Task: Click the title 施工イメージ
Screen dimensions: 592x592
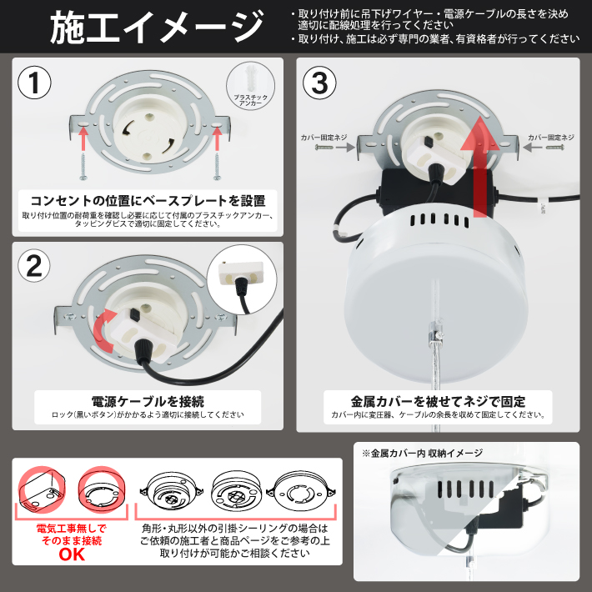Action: click(x=156, y=28)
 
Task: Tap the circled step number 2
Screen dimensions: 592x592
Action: click(x=35, y=265)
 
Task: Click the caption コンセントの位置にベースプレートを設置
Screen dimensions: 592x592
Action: click(x=148, y=201)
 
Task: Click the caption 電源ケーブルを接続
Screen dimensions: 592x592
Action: click(x=148, y=401)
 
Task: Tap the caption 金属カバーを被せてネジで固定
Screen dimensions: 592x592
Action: click(x=437, y=399)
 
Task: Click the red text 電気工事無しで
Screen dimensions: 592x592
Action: click(x=71, y=529)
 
